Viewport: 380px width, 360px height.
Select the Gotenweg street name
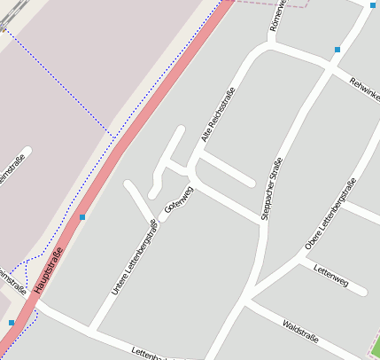tap(178, 200)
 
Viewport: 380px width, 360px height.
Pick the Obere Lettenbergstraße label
tap(330, 214)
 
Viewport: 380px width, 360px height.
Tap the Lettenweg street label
tap(331, 281)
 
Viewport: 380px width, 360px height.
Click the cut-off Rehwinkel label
tap(364, 88)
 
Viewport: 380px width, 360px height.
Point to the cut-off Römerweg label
tap(275, 16)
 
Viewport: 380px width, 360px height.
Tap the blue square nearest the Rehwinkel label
tap(337, 50)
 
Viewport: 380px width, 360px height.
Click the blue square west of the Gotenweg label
tap(82, 216)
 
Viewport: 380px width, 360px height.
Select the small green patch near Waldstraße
tap(376, 347)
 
